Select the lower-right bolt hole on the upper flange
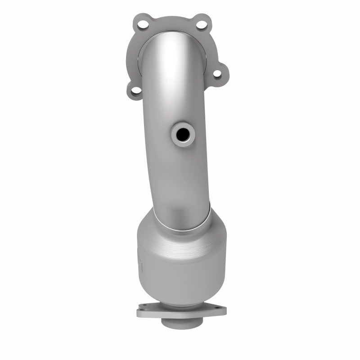click(x=218, y=74)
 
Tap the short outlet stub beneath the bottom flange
click(x=181, y=323)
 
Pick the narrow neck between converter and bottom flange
click(x=181, y=299)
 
